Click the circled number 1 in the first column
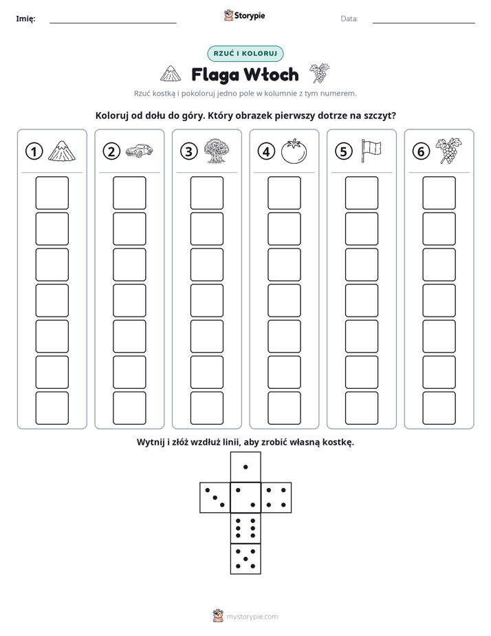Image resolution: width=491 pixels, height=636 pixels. (34, 151)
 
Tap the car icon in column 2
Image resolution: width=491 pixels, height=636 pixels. (139, 150)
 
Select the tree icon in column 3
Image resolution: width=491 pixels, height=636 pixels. (217, 151)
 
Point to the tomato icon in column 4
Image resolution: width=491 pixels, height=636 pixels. (294, 151)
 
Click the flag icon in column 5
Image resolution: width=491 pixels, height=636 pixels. (371, 151)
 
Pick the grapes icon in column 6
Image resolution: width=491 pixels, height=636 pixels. (448, 151)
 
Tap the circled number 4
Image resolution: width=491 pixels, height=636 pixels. (266, 151)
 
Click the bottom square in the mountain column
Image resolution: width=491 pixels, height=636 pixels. (52, 408)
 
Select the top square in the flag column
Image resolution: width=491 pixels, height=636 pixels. (362, 193)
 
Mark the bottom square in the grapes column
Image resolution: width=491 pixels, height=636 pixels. (439, 408)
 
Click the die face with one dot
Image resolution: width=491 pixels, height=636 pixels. (245, 467)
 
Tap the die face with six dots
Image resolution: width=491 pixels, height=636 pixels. (245, 529)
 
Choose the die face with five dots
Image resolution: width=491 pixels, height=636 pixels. (245, 559)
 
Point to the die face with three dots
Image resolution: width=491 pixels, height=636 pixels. (215, 498)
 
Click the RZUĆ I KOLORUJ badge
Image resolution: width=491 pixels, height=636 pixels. (245, 54)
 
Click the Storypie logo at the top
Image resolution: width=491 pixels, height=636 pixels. (245, 16)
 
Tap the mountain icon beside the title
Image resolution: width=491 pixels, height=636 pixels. (171, 74)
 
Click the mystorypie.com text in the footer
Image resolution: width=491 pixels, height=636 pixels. (252, 617)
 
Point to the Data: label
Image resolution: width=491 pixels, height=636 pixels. (349, 19)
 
